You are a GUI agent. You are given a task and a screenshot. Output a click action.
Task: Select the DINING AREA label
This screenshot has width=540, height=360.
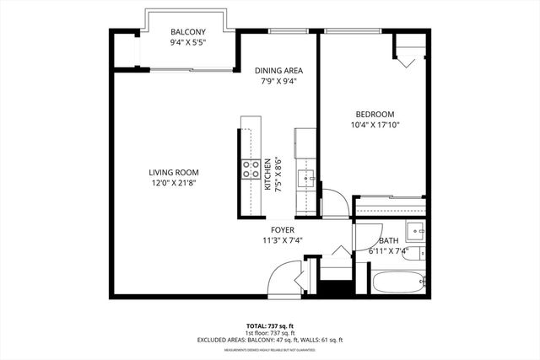(x=278, y=70)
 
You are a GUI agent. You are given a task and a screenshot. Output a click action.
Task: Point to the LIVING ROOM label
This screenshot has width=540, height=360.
(x=174, y=172)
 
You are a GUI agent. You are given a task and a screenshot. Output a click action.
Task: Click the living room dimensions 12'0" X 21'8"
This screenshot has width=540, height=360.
(x=174, y=183)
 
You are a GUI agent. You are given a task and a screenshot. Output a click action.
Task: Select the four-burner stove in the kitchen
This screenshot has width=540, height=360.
(x=251, y=169)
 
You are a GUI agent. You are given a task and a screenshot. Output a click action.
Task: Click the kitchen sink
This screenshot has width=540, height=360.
(x=305, y=178)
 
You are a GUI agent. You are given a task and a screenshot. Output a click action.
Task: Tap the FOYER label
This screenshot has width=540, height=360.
(x=282, y=229)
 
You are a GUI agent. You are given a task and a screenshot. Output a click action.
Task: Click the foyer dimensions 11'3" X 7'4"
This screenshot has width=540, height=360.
(x=282, y=240)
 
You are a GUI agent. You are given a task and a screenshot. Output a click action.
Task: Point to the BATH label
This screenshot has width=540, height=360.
(x=388, y=240)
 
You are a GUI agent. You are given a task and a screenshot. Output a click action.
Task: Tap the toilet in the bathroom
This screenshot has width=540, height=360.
(x=413, y=254)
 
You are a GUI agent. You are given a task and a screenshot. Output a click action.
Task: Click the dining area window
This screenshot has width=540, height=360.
(x=291, y=32)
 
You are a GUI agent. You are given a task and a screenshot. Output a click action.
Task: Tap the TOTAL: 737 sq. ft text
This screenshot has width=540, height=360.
(x=270, y=325)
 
